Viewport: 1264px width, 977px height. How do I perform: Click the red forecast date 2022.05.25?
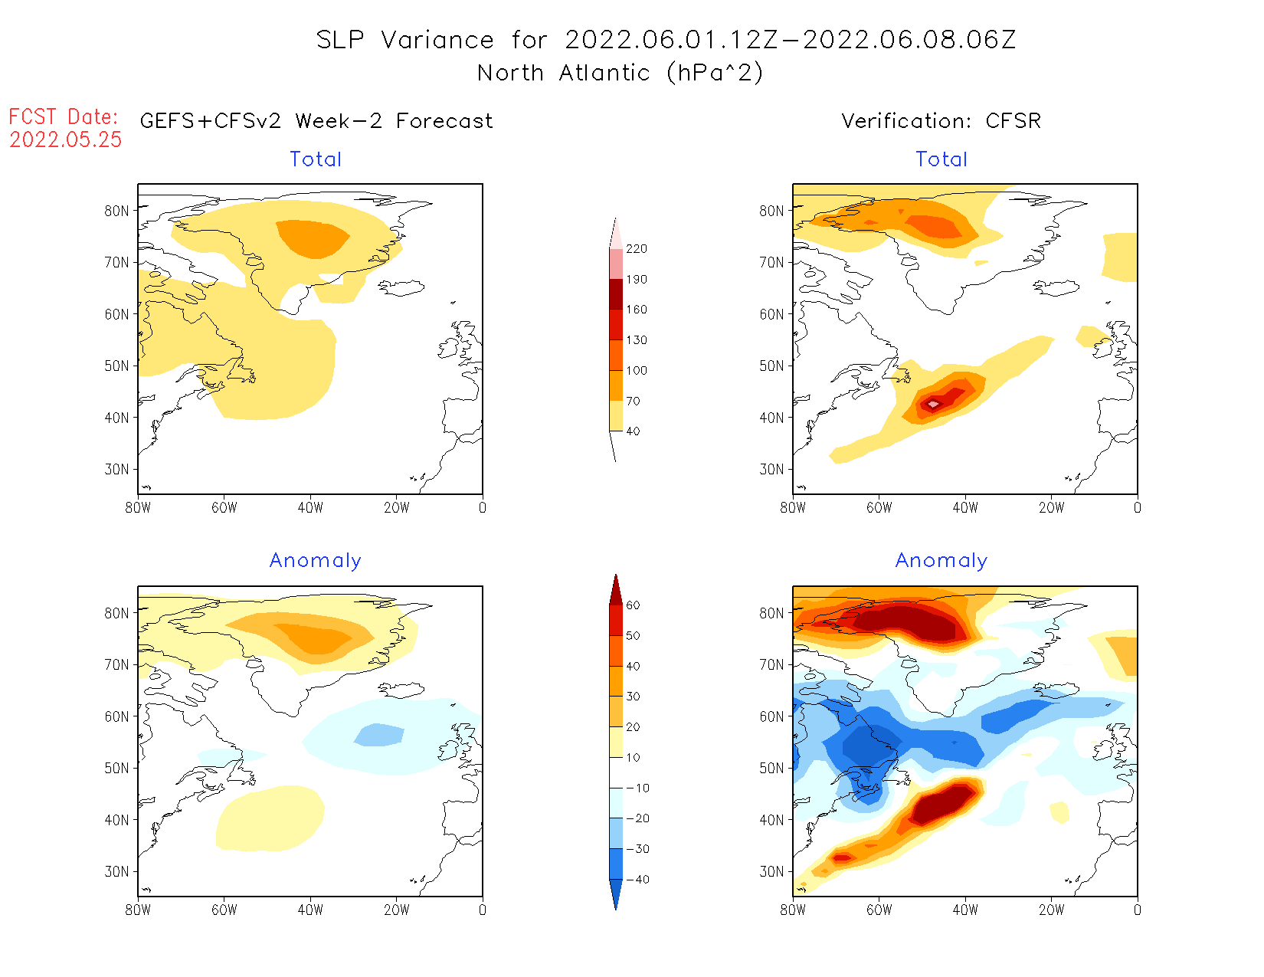click(66, 139)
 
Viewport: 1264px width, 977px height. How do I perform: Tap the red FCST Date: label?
click(64, 117)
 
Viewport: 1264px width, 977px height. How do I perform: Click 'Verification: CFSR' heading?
click(941, 121)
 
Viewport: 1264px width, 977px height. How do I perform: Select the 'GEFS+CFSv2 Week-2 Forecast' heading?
click(316, 121)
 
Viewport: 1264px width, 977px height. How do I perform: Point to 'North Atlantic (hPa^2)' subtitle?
click(620, 73)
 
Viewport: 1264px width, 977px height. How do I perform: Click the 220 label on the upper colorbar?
click(636, 249)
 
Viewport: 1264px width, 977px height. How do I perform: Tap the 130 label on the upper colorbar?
click(636, 340)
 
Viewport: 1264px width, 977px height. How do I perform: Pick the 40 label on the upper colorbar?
click(633, 431)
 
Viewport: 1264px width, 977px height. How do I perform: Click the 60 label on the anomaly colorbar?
click(633, 605)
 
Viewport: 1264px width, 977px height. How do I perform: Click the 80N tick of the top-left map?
click(116, 211)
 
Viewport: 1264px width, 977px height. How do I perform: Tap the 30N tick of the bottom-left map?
click(116, 872)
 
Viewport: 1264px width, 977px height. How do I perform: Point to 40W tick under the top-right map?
click(965, 507)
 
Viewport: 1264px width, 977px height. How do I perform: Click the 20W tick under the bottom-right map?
click(1051, 910)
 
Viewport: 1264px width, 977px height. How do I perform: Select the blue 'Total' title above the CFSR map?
click(941, 159)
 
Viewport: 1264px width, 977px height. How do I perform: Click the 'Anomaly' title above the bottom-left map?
click(315, 561)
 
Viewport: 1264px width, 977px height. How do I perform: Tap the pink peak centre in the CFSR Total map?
click(933, 404)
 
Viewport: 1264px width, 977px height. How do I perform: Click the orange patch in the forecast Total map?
click(313, 238)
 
